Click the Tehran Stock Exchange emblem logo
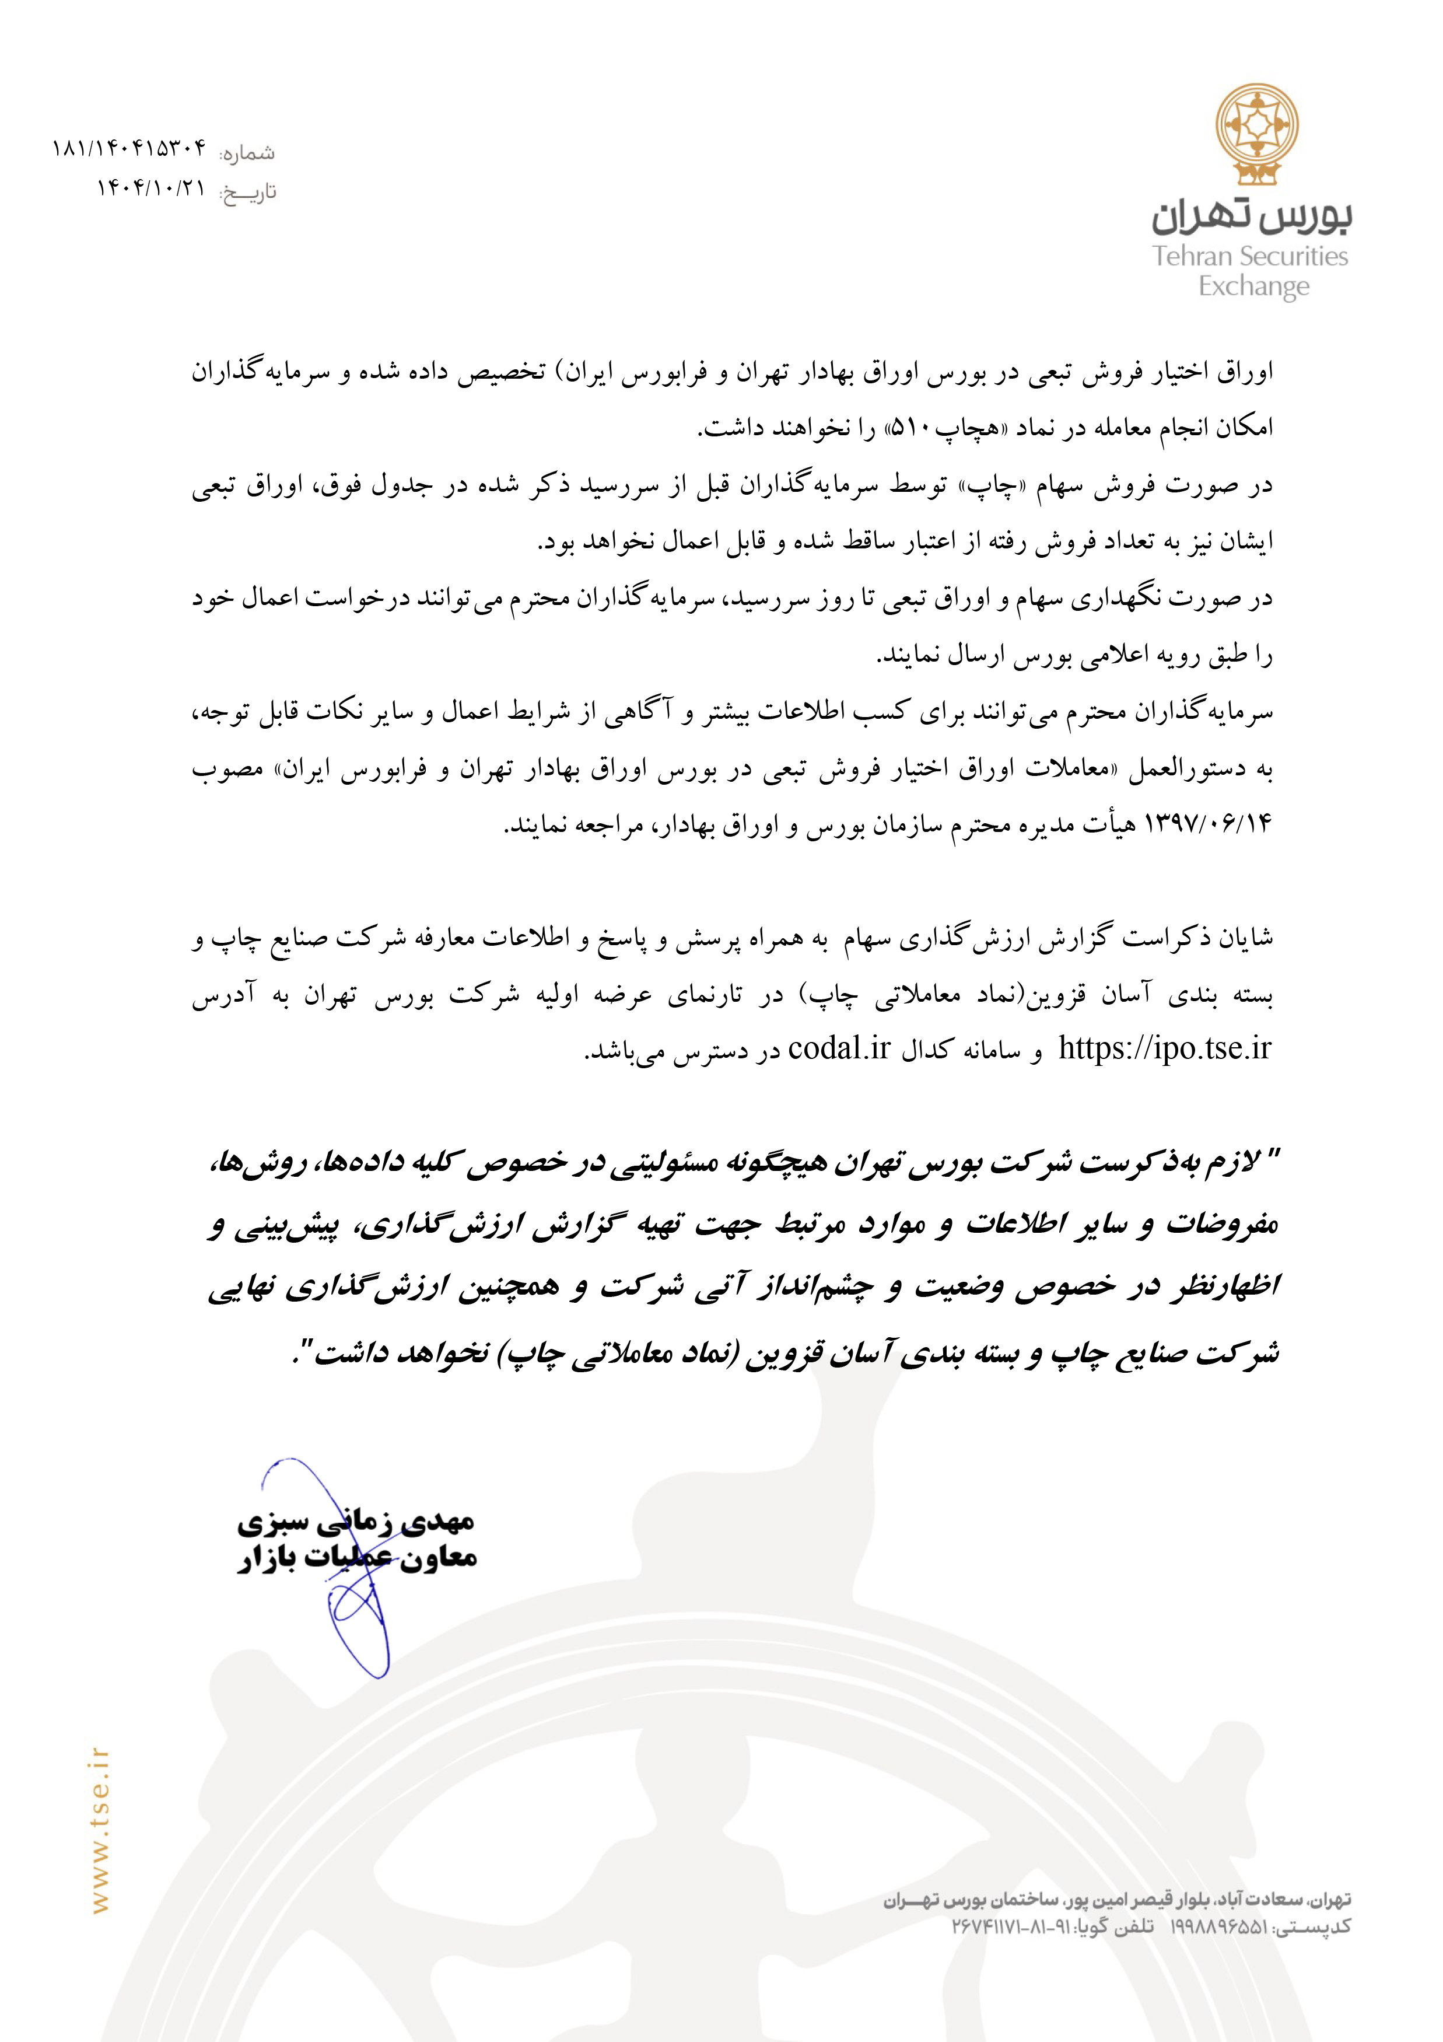(x=1257, y=134)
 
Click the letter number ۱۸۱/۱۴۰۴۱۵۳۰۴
(x=129, y=149)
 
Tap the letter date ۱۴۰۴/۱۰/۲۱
(x=151, y=188)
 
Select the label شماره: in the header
(x=248, y=153)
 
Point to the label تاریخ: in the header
(x=249, y=192)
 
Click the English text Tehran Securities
(x=1250, y=256)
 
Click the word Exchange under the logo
(x=1253, y=286)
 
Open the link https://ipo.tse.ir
(x=1165, y=1050)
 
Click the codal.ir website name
(x=838, y=1050)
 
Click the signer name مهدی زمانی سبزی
(x=356, y=1522)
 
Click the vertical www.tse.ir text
(x=100, y=1831)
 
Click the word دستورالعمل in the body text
(x=1189, y=768)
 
